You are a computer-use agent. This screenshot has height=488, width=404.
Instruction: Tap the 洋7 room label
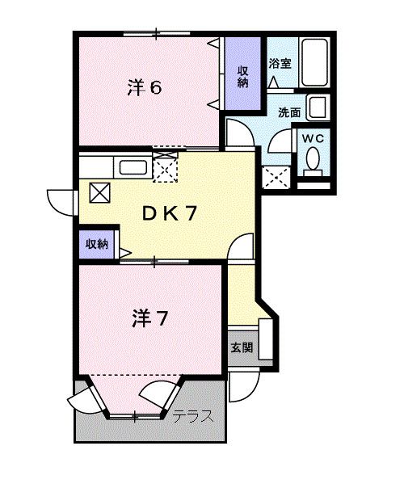pos(149,318)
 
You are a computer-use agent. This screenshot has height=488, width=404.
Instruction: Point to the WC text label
pos(313,138)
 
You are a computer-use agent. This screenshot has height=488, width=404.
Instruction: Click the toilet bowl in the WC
pos(313,164)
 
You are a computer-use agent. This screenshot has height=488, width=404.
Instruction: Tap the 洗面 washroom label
pos(289,112)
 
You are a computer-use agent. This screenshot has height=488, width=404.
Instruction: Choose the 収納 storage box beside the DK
pos(98,244)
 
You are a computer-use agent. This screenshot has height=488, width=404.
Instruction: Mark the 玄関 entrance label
pos(241,348)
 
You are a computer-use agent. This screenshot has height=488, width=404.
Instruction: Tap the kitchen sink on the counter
pos(132,168)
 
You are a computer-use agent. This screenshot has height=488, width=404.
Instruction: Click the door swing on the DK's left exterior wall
pos(61,198)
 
